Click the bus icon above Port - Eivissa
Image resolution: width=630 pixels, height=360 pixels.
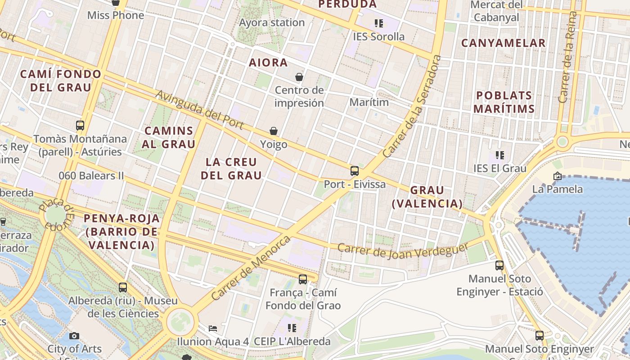click(x=355, y=171)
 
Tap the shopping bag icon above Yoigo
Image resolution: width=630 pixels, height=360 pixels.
click(x=274, y=131)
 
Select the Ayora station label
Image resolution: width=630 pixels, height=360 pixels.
click(x=272, y=22)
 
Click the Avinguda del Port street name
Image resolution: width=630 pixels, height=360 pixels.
click(x=200, y=110)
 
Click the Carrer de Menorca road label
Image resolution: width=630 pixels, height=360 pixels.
click(x=251, y=268)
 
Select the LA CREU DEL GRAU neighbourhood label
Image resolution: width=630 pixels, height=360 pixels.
click(x=231, y=169)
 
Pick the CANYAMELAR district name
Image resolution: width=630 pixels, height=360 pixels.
click(x=503, y=43)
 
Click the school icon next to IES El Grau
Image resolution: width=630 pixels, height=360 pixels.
click(x=499, y=155)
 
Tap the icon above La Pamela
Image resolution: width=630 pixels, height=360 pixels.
click(x=558, y=176)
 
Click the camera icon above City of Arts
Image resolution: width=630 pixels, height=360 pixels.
click(x=74, y=336)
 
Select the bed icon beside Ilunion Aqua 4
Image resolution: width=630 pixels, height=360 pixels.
click(x=213, y=328)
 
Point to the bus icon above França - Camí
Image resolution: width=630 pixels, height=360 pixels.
click(x=303, y=279)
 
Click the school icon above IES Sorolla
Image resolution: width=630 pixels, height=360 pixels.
click(x=379, y=23)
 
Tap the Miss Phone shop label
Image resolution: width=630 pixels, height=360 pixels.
click(x=116, y=15)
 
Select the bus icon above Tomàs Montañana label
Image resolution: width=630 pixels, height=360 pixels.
click(x=80, y=126)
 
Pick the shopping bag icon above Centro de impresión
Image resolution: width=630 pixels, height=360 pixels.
click(x=299, y=77)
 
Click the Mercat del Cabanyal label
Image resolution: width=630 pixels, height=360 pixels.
click(x=497, y=11)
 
